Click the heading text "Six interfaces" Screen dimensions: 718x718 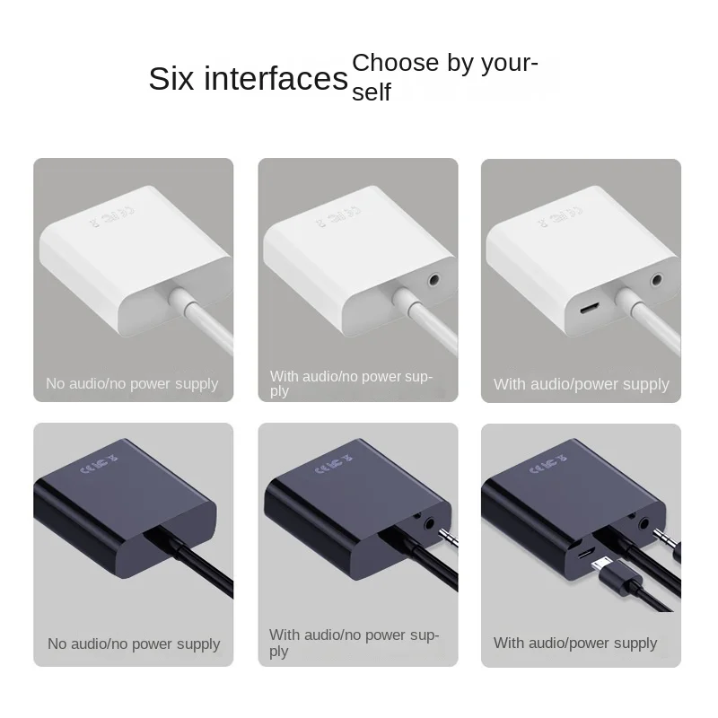click(249, 79)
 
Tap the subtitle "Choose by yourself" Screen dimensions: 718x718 click(444, 77)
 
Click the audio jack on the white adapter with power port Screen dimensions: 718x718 click(657, 279)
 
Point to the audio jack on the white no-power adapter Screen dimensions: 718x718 click(433, 279)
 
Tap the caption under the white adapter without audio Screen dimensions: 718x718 click(132, 384)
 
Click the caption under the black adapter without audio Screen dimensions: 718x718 click(134, 644)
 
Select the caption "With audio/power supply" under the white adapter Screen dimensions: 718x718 click(581, 384)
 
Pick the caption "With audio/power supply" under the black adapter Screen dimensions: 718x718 click(575, 644)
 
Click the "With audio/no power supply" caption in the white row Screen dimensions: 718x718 click(351, 383)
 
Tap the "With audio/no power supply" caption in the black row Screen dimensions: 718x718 click(354, 643)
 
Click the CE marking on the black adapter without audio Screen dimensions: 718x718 click(99, 464)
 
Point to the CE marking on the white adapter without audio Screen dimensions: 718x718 click(111, 216)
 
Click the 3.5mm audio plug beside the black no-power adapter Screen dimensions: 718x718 click(448, 536)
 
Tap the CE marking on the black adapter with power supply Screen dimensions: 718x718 click(547, 464)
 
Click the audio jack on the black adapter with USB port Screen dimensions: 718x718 click(644, 523)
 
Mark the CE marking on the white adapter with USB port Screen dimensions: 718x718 click(559, 216)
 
